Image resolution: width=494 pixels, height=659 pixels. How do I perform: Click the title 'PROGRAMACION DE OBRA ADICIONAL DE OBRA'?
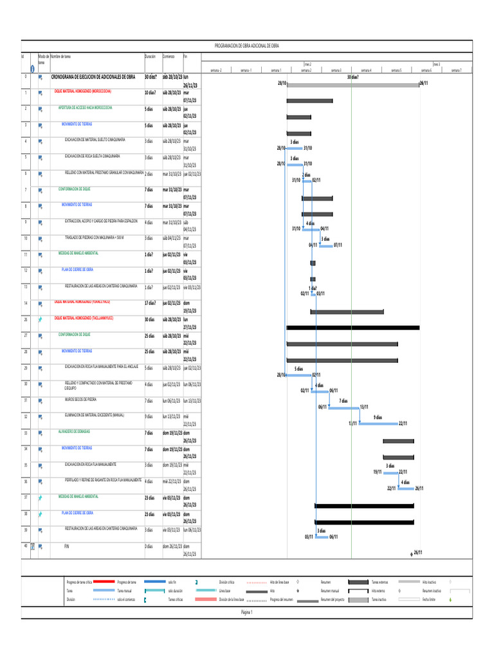coord(247,46)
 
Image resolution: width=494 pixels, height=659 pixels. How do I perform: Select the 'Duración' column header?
coord(150,57)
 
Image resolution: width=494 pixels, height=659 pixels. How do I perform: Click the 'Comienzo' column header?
coord(169,57)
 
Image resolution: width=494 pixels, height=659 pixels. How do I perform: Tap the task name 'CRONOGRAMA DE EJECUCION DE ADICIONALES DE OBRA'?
coord(93,77)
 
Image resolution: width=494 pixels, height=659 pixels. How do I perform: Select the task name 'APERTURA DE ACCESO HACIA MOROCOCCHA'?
coord(86,107)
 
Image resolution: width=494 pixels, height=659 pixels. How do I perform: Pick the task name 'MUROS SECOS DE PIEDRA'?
coord(80,400)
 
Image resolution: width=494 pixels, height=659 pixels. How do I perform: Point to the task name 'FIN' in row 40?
coord(66,545)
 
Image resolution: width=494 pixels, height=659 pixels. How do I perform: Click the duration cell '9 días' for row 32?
coord(149,416)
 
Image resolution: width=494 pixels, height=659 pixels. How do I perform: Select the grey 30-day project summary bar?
coord(352,84)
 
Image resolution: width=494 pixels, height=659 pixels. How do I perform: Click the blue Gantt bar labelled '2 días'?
coord(307,181)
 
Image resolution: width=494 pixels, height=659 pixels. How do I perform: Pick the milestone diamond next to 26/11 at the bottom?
coord(412,553)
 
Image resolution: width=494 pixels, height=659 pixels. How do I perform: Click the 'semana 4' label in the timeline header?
coord(366,70)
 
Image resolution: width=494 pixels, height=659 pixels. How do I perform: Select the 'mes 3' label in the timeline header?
coord(436,64)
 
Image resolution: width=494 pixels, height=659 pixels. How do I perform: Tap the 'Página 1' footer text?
coord(247,613)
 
